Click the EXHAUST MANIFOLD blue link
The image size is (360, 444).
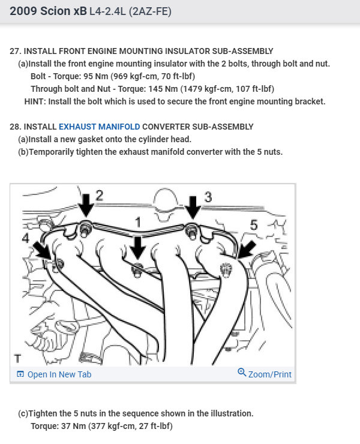pyautogui.click(x=99, y=127)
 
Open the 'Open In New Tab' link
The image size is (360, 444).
pyautogui.click(x=59, y=374)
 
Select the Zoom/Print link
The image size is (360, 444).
pyautogui.click(x=269, y=374)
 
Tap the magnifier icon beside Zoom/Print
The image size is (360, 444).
pyautogui.click(x=242, y=373)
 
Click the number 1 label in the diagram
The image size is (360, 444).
pyautogui.click(x=137, y=223)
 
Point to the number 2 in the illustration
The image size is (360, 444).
pyautogui.click(x=100, y=195)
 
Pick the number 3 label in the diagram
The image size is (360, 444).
pyautogui.click(x=208, y=196)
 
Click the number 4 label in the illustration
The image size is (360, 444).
pyautogui.click(x=25, y=239)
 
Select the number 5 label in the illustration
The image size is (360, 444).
pyautogui.click(x=254, y=225)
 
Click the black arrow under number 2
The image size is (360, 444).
pyautogui.click(x=87, y=206)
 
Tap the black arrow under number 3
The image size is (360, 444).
pyautogui.click(x=193, y=207)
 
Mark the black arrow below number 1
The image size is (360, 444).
pyautogui.click(x=137, y=245)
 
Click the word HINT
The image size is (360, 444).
pyautogui.click(x=35, y=101)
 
